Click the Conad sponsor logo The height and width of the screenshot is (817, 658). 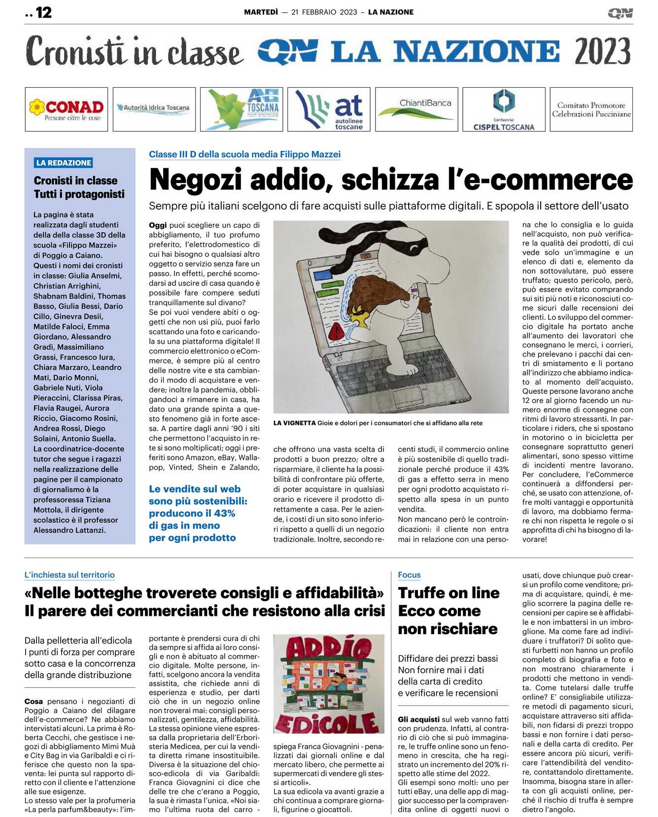(x=66, y=109)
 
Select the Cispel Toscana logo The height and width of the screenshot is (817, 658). (x=504, y=109)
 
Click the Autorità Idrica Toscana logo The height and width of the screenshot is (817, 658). (x=154, y=107)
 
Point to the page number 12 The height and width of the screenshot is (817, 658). (x=43, y=12)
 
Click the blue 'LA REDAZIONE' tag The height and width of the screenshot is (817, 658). (x=64, y=163)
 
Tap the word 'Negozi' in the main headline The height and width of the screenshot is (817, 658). (x=197, y=180)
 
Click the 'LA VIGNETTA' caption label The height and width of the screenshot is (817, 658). (x=294, y=423)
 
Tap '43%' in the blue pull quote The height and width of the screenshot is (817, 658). (x=224, y=513)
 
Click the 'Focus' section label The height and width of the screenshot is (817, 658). (x=409, y=575)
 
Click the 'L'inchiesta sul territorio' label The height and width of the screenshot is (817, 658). (x=69, y=575)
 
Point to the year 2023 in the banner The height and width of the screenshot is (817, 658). (x=602, y=52)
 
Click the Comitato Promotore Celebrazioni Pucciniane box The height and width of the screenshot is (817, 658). (x=591, y=109)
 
